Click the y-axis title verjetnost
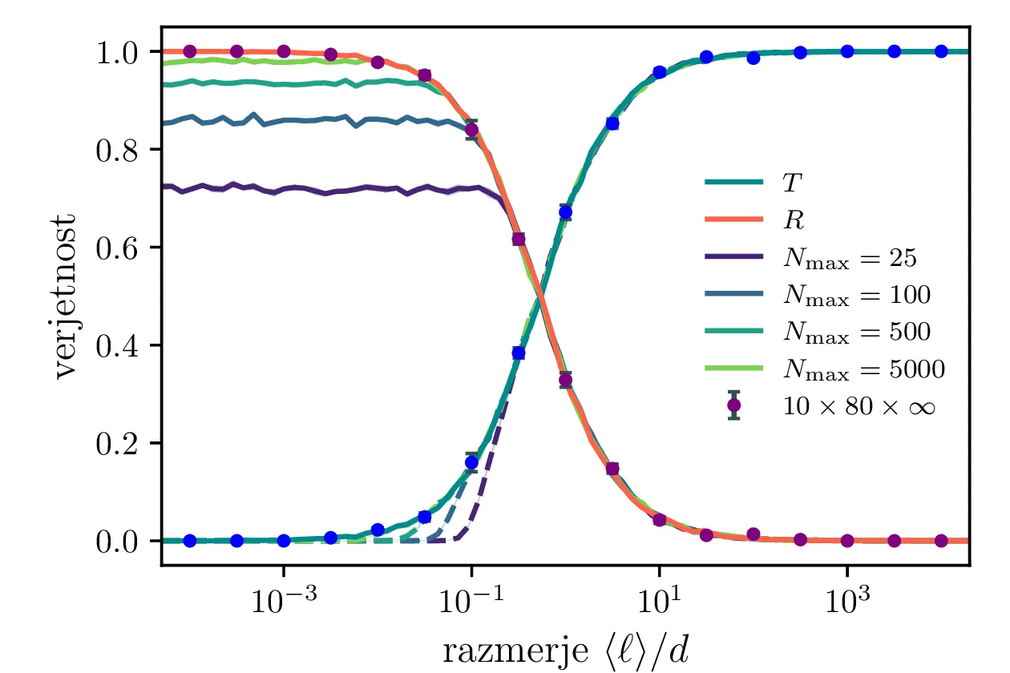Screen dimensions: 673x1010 coord(69,296)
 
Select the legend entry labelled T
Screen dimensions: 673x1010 coord(790,183)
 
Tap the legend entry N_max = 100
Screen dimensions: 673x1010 coord(855,296)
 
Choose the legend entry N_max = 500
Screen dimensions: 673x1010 coord(855,332)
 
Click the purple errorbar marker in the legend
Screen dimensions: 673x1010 coord(733,406)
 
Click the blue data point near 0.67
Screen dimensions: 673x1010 coord(565,212)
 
